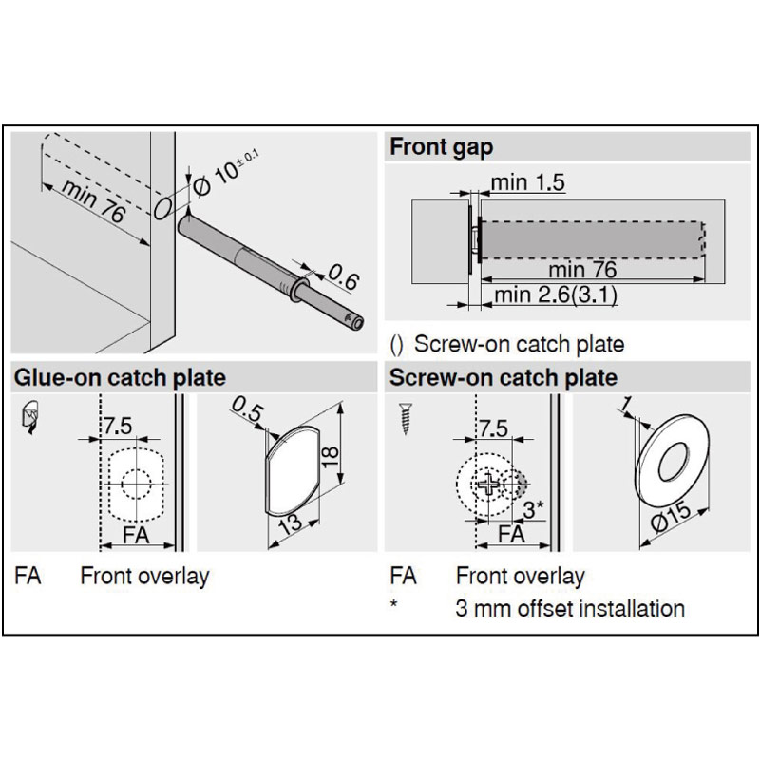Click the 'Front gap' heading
coord(441,147)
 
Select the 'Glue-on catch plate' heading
coord(120,377)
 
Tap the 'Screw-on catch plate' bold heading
coord(503,377)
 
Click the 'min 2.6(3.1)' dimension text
coord(556,295)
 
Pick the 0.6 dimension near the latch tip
coord(343,279)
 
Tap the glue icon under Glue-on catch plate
coord(29,417)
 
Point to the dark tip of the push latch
coord(355,321)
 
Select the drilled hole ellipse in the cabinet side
coord(163,207)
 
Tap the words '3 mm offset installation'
coord(570,608)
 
